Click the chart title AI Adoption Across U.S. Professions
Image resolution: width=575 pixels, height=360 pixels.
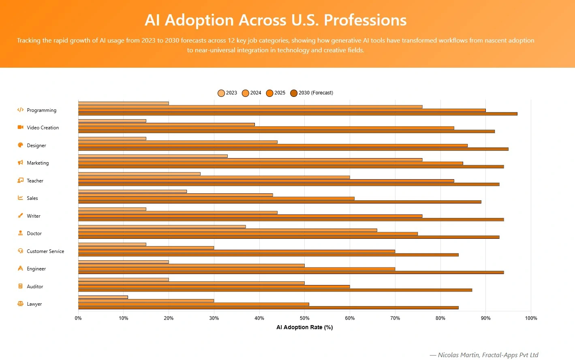point(276,20)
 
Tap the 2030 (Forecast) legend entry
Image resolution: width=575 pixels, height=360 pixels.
point(312,93)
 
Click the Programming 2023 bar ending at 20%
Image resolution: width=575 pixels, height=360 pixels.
point(123,103)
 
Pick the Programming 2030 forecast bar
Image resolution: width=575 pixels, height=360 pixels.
point(297,114)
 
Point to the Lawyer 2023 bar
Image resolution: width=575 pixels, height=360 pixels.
point(103,297)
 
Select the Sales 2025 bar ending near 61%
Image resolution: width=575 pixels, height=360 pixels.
point(216,199)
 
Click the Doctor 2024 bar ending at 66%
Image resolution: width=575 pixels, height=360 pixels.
point(227,230)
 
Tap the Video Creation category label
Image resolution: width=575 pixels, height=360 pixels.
point(43,128)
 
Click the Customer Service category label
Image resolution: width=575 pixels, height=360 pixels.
point(45,251)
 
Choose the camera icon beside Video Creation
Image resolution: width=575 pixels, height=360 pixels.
point(20,127)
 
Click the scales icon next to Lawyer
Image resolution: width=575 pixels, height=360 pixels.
point(20,304)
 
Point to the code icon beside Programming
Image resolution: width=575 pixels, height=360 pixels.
point(20,110)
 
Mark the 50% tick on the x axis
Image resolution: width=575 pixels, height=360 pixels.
point(304,318)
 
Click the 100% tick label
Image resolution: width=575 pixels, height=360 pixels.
point(530,318)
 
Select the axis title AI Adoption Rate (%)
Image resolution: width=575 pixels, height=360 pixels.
point(304,327)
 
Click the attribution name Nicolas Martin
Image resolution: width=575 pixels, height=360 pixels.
point(458,355)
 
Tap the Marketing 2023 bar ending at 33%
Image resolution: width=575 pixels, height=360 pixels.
point(153,156)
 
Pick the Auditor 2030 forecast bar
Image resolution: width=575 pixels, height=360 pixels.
point(275,290)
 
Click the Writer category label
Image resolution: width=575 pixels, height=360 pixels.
point(34,216)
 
